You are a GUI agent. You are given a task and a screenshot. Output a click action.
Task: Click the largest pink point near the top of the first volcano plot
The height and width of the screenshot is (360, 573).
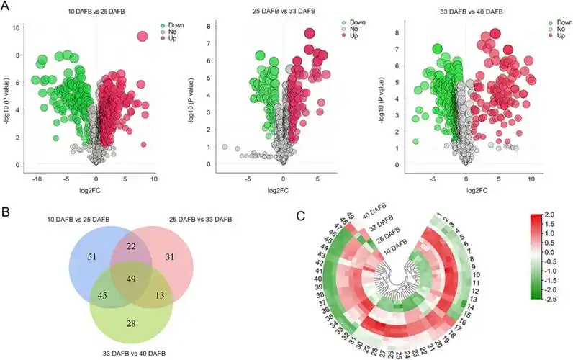142,37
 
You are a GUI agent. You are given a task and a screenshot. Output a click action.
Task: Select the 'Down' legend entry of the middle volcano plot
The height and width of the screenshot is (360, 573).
358,22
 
